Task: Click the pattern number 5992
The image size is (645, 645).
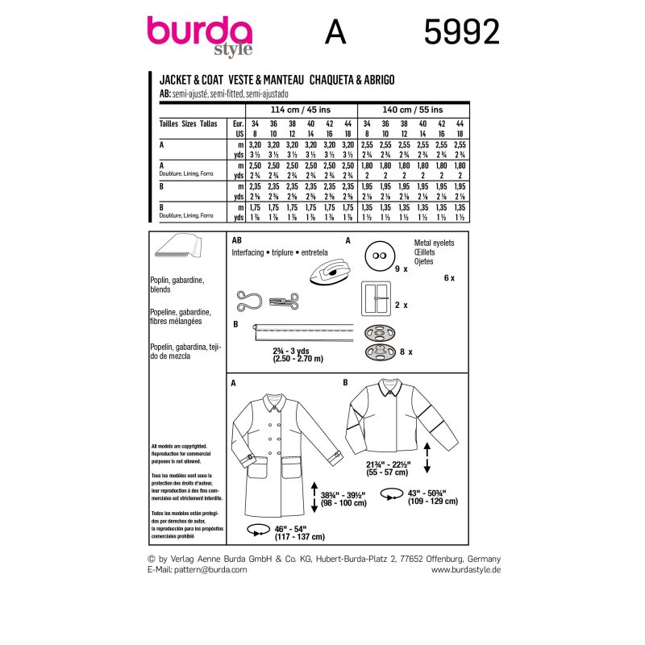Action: pos(461,32)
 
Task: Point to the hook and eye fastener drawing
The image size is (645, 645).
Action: pos(266,302)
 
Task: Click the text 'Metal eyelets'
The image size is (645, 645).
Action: pos(434,243)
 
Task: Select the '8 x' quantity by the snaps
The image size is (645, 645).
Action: pos(409,352)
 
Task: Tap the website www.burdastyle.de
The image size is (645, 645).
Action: pos(466,570)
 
